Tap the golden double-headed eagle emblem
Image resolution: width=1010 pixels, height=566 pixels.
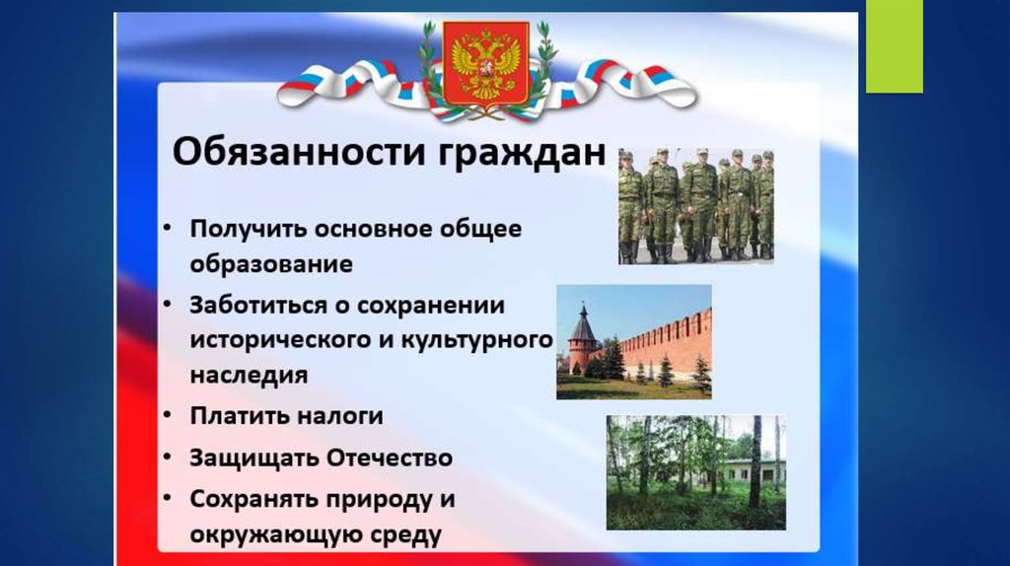(x=486, y=62)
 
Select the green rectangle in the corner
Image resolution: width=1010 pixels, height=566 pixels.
(x=894, y=46)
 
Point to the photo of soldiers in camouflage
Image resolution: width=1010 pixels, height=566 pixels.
(x=696, y=206)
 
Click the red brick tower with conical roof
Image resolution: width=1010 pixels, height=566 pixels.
(x=582, y=338)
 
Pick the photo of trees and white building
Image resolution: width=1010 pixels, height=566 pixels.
(x=695, y=472)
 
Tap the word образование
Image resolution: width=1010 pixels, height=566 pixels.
(x=271, y=264)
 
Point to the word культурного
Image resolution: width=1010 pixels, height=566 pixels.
(x=477, y=339)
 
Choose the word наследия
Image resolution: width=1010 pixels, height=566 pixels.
(x=249, y=375)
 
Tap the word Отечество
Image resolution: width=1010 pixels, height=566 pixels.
(x=389, y=458)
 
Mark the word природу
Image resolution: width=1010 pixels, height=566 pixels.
(x=375, y=500)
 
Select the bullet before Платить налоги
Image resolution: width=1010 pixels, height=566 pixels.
(x=167, y=415)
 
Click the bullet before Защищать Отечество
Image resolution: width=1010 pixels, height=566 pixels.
(x=167, y=458)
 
